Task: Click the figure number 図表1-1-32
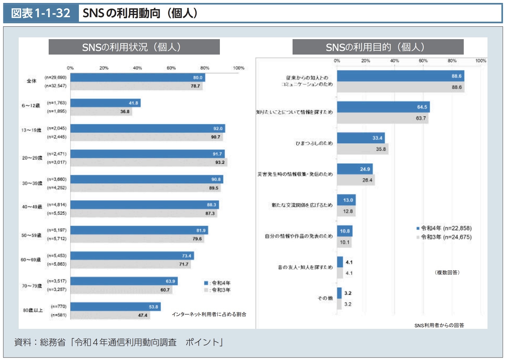[41, 13]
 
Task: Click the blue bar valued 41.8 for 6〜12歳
[105, 103]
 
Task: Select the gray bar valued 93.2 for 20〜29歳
[148, 162]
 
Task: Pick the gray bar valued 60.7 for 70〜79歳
[121, 290]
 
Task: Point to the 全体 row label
[31, 81]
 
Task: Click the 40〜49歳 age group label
[32, 207]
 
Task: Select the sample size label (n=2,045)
[57, 128]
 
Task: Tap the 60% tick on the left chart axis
[171, 68]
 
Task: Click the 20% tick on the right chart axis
[366, 60]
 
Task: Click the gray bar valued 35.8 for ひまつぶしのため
[362, 149]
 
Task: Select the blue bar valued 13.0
[346, 200]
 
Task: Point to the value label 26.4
[367, 180]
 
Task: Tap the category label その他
[325, 298]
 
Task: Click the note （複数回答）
[447, 272]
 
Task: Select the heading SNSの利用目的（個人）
[378, 47]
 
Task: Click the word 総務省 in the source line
[53, 342]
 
